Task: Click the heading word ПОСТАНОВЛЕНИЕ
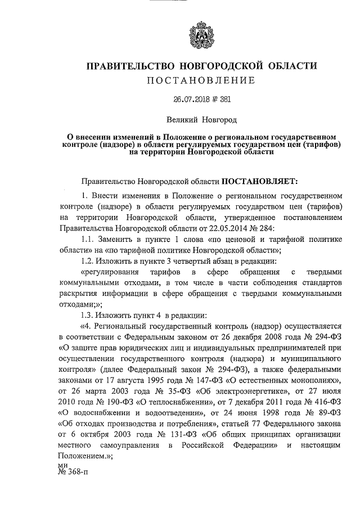201,80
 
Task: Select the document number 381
223,100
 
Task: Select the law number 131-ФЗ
172,436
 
